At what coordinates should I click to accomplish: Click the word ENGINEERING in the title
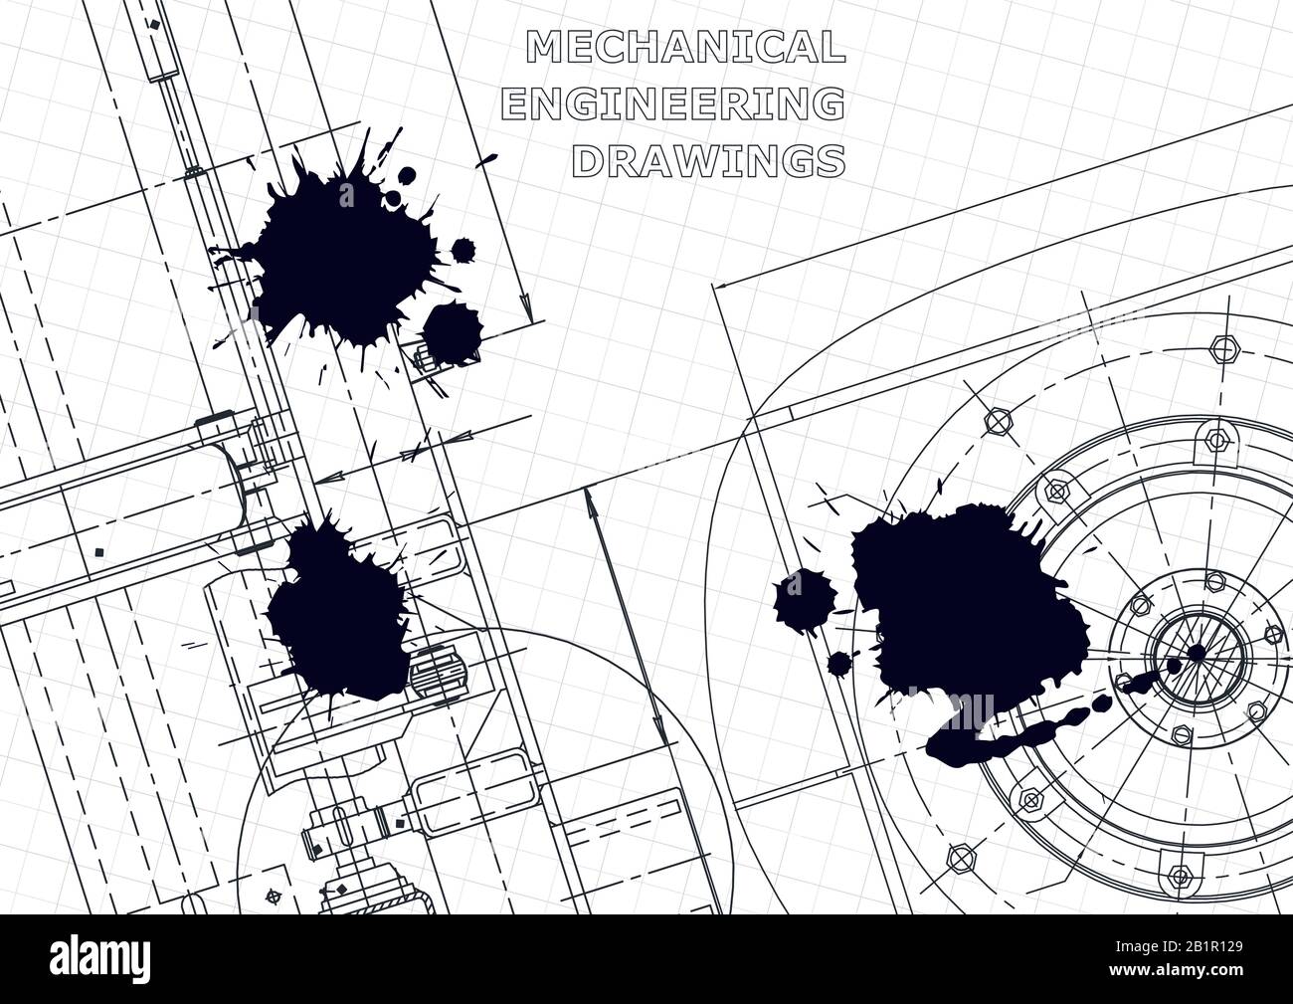(x=674, y=103)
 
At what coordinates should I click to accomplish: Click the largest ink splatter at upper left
(x=338, y=254)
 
